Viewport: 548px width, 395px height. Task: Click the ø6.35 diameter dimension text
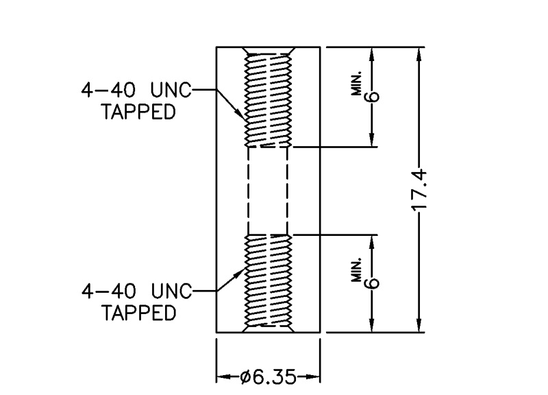click(269, 376)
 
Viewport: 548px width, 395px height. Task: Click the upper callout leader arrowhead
click(240, 115)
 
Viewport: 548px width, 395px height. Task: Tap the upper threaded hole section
click(269, 99)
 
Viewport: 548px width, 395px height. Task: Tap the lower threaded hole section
click(269, 283)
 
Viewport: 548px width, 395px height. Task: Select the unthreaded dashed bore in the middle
click(269, 190)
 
